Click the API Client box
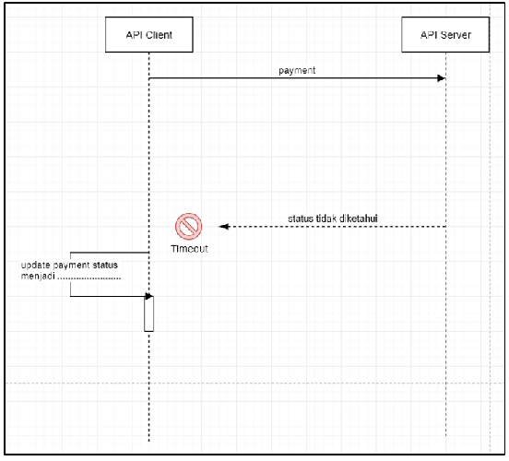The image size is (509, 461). [149, 34]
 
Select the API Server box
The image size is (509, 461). [445, 34]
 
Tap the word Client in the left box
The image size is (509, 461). [159, 35]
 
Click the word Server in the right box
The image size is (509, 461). [456, 35]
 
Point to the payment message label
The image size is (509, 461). [297, 70]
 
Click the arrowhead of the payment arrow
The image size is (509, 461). [442, 78]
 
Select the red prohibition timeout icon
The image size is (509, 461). [189, 226]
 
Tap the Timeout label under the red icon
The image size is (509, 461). [189, 249]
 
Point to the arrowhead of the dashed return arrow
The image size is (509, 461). [224, 226]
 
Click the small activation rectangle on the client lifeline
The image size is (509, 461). [149, 313]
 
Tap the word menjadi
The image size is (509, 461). [38, 277]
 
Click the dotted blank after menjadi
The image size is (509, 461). [89, 278]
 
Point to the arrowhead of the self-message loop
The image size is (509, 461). [148, 296]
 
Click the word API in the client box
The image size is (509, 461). [134, 35]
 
